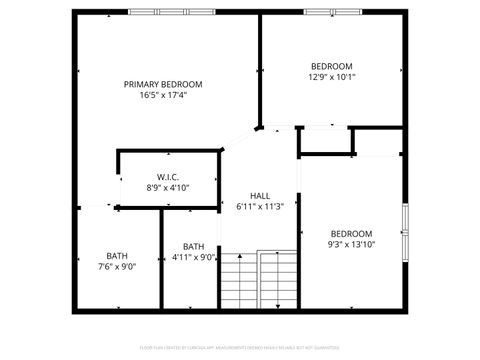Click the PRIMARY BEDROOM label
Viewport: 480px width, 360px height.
[163, 84]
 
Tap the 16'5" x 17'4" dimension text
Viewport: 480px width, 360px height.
[163, 95]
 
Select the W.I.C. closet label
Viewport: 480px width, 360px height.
[167, 177]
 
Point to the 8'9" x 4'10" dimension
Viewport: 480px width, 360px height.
[167, 187]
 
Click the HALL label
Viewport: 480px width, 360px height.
[260, 196]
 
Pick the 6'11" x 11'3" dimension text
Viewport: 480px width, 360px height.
[260, 207]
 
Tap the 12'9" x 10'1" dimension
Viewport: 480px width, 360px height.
[331, 76]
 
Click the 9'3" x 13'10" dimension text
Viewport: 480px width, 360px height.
[351, 244]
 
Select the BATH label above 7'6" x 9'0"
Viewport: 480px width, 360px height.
[117, 256]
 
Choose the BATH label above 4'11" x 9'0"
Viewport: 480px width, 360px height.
[193, 246]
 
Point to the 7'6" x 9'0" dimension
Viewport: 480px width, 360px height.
[117, 267]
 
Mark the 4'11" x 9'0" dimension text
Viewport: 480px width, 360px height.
[193, 257]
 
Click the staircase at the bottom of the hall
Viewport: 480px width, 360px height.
[260, 281]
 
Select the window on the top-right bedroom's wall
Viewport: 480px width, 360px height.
[333, 11]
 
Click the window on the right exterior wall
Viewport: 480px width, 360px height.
[405, 231]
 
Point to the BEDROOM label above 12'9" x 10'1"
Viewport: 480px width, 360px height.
[331, 66]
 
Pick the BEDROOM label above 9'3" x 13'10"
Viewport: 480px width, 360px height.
[351, 234]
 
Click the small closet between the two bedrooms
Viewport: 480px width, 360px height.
[326, 141]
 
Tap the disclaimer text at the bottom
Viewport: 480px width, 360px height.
[240, 349]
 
